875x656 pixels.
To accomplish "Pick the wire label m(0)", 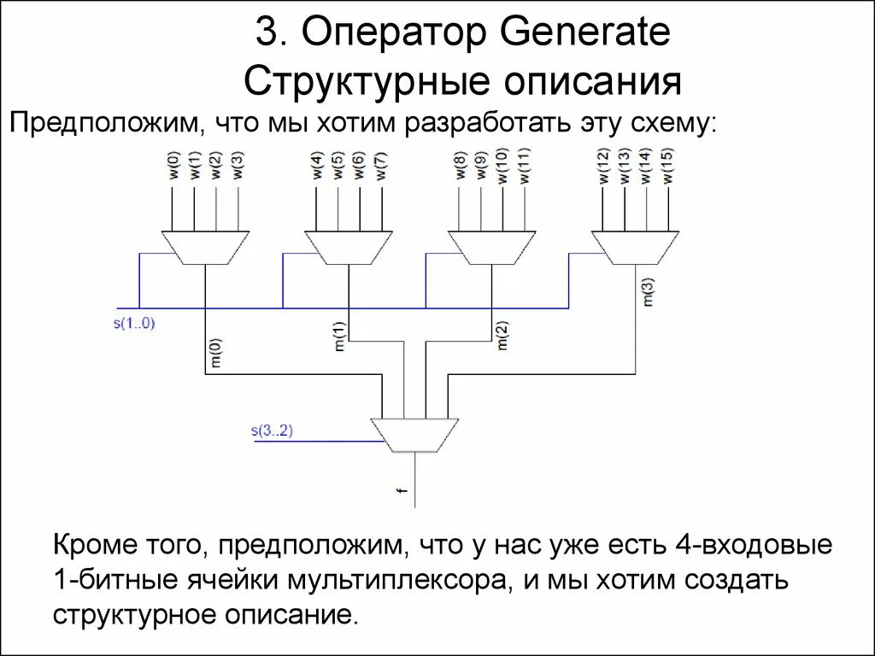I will point(216,354).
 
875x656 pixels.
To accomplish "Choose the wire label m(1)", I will point(338,336).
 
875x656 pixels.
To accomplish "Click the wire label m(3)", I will point(647,290).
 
